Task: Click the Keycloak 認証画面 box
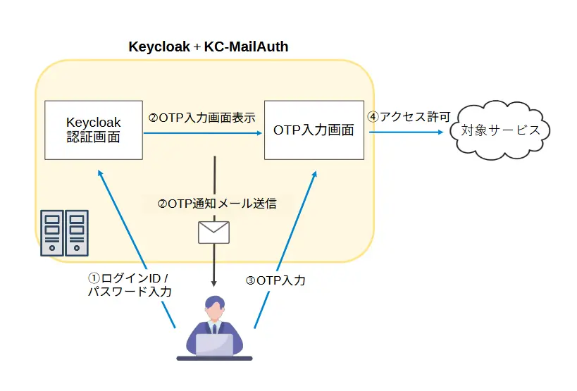[x=94, y=130]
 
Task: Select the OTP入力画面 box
[x=314, y=130]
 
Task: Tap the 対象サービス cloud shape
[x=501, y=130]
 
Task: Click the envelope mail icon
[x=213, y=232]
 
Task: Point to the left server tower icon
[x=51, y=232]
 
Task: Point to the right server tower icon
[x=77, y=232]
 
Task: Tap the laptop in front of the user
[x=214, y=345]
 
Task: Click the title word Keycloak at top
[x=159, y=47]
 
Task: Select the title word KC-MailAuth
[x=246, y=47]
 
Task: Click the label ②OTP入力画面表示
[x=201, y=118]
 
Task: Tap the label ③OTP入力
[x=275, y=280]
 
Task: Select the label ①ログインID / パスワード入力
[x=128, y=284]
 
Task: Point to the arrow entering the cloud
[x=409, y=130]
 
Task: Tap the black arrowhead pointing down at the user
[x=213, y=283]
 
